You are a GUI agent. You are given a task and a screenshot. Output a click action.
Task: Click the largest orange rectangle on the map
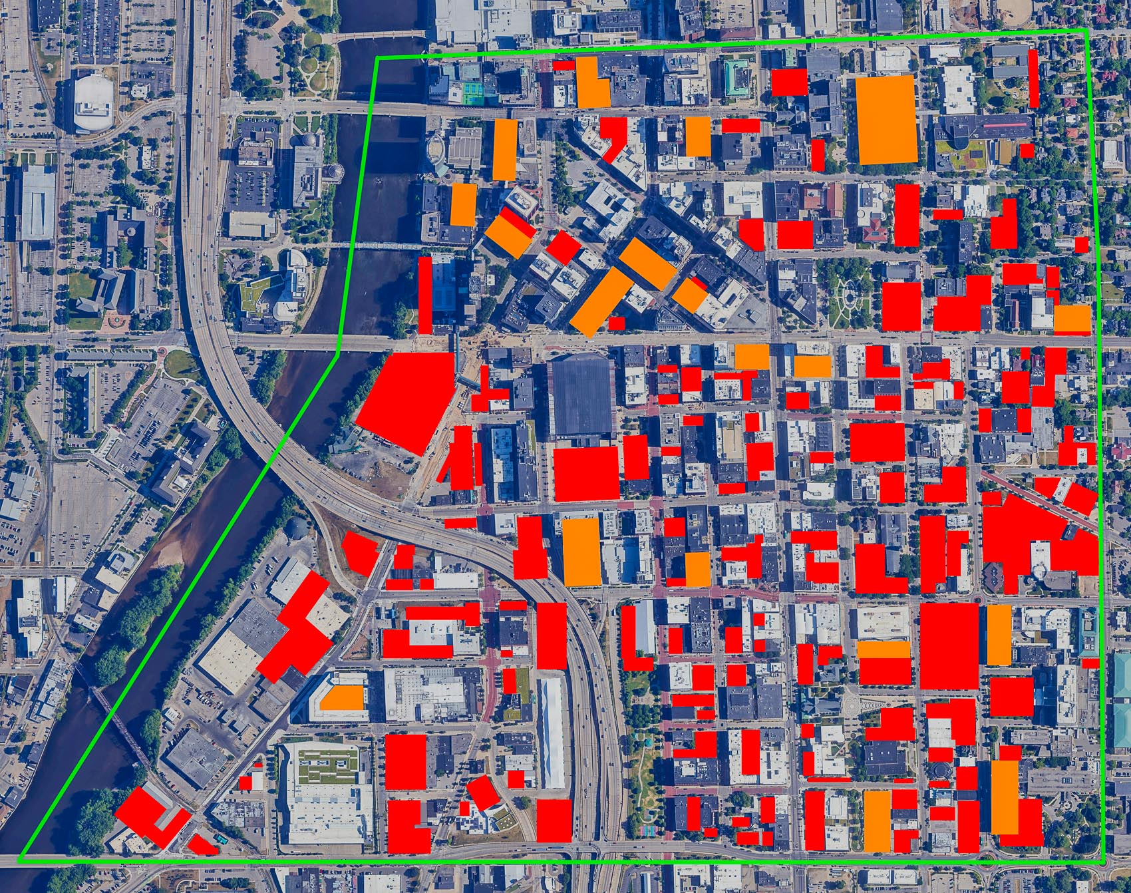tap(886, 119)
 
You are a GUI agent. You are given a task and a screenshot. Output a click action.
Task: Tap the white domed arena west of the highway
tap(94, 103)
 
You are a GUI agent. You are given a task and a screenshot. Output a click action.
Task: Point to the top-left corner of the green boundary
tap(377, 59)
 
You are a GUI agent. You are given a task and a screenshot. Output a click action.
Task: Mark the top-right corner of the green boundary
tap(1086, 31)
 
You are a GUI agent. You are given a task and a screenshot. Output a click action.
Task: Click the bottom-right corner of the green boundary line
tap(1103, 862)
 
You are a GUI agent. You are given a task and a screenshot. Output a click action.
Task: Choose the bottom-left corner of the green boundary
tap(20, 859)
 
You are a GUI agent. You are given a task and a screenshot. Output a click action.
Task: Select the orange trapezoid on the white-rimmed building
tap(343, 697)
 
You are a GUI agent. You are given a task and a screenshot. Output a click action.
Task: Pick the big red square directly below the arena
tap(586, 473)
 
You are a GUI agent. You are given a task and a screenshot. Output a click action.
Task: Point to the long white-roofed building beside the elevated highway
tap(550, 732)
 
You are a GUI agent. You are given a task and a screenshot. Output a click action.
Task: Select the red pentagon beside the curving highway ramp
tap(360, 553)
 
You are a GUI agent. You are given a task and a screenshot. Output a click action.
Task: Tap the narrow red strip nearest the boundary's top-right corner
tap(1033, 79)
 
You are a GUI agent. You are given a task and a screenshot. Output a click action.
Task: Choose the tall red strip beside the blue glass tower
tap(425, 295)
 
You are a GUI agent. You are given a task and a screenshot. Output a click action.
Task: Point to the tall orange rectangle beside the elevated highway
tap(581, 551)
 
